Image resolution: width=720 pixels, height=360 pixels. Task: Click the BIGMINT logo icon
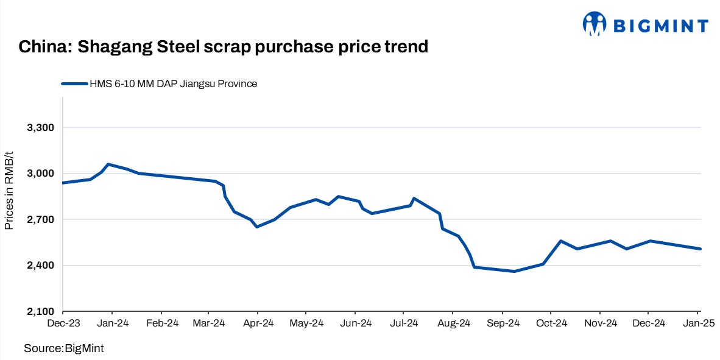pos(595,24)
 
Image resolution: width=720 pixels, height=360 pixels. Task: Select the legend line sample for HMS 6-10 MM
pos(74,84)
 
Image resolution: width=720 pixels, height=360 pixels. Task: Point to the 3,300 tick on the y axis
pos(41,128)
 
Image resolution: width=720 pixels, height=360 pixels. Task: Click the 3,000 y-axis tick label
pos(41,174)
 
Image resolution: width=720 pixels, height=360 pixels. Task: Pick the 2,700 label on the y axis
pos(41,219)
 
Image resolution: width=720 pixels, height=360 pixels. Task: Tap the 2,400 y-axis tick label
pos(41,266)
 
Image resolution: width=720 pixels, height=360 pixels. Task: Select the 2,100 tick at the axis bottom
pos(41,311)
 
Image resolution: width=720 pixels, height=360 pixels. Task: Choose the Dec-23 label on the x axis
pos(63,323)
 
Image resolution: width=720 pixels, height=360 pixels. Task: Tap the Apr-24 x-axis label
pos(258,323)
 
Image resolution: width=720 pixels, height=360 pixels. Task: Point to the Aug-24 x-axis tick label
pos(454,323)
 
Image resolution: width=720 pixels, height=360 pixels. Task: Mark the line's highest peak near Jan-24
pos(108,164)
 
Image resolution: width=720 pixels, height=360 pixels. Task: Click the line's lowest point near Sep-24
pos(514,271)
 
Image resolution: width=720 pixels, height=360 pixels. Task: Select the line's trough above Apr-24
pos(257,227)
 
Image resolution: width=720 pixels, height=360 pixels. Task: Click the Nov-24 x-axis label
pos(601,323)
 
